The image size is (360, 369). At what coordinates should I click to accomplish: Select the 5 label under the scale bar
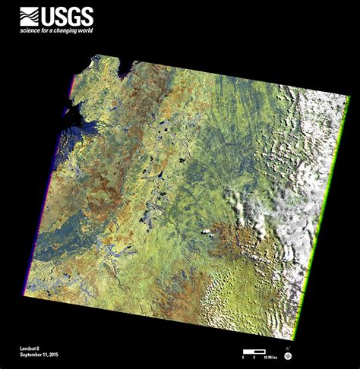click(253, 357)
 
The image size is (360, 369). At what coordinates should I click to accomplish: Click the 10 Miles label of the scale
click(267, 357)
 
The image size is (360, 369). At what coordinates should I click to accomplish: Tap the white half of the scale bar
click(259, 352)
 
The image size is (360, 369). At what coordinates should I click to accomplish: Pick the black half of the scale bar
click(248, 352)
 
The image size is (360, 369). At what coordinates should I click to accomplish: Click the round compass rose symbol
click(288, 355)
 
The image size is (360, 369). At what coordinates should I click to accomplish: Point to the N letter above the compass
click(288, 347)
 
